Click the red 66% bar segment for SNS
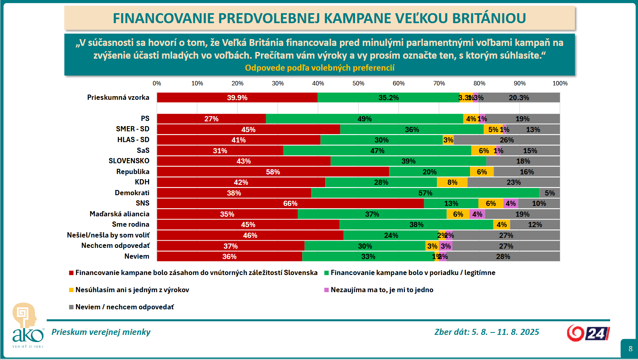(290, 204)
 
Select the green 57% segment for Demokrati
(425, 193)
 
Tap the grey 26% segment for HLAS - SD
(507, 140)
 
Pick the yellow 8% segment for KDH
(452, 182)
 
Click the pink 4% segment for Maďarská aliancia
(477, 214)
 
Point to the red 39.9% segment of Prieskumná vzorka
(237, 98)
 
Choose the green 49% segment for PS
(364, 119)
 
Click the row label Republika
(133, 172)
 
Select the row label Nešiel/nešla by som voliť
(108, 235)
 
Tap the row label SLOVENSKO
(129, 161)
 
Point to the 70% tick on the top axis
(439, 83)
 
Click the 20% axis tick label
(237, 83)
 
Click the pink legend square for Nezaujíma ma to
(326, 290)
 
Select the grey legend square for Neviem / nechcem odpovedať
(71, 307)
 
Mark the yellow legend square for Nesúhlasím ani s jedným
(71, 290)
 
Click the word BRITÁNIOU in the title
(489, 18)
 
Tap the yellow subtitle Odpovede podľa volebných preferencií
(320, 68)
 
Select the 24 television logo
(588, 333)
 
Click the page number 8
(630, 349)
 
